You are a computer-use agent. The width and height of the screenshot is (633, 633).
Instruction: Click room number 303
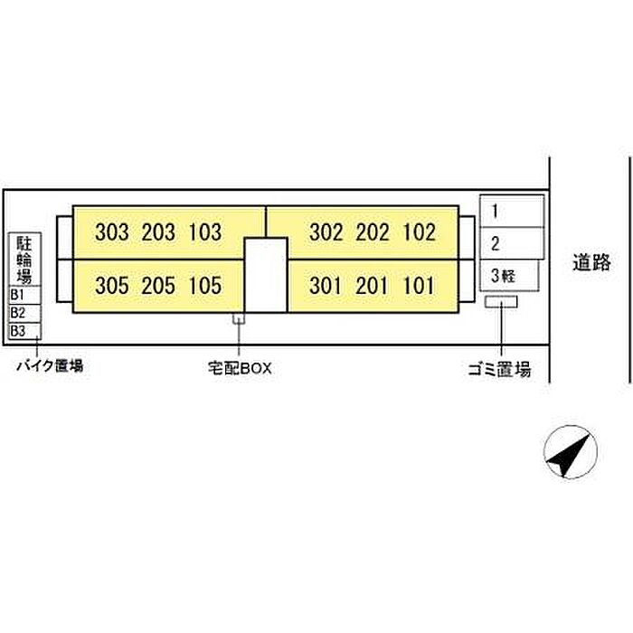[112, 232]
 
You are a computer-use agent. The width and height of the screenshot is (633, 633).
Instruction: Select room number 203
[158, 232]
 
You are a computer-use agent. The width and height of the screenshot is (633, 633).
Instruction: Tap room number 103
[205, 232]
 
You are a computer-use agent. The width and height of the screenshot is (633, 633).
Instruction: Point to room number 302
[326, 232]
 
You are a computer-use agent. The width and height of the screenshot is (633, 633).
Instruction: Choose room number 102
[420, 232]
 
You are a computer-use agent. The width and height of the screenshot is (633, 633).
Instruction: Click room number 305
[112, 286]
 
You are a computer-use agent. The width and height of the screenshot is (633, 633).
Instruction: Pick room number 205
[158, 286]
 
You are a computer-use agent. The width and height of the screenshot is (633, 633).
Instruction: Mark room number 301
[326, 286]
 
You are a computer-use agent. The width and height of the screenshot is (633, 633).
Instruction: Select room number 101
[419, 286]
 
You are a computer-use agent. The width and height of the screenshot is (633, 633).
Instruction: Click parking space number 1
[512, 211]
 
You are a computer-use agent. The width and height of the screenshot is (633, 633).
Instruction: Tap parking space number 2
[512, 243]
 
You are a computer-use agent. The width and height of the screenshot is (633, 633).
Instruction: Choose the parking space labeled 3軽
[509, 276]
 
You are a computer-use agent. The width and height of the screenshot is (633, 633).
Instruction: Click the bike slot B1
[25, 295]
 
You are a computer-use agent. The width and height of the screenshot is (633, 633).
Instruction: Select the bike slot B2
[25, 313]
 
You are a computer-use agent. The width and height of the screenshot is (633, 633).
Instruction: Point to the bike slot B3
[25, 331]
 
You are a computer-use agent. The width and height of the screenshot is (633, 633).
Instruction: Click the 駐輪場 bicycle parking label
[24, 260]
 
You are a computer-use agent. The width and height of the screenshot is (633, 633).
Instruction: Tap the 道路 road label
[591, 262]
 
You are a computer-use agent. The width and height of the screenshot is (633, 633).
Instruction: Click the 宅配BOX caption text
[240, 368]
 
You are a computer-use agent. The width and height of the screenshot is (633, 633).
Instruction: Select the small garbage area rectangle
[501, 301]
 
